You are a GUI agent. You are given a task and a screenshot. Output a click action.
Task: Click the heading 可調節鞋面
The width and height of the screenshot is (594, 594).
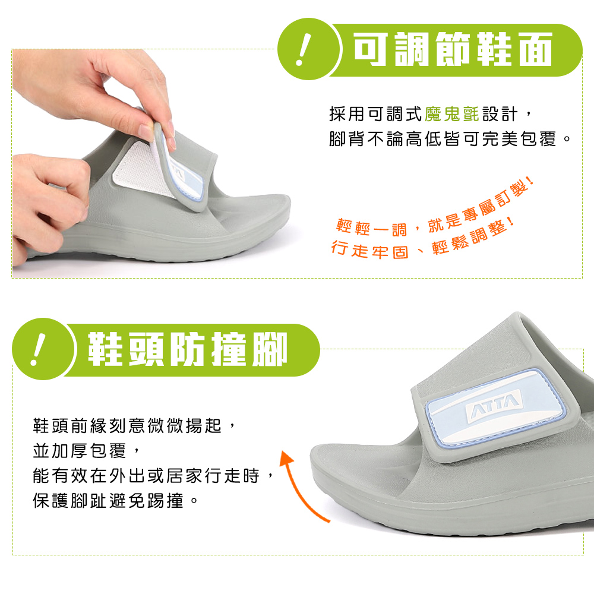[453, 50]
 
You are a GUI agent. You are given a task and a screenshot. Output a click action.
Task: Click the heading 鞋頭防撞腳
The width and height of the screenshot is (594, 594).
[188, 349]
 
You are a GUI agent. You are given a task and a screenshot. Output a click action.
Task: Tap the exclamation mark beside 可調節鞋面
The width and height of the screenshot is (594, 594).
[303, 50]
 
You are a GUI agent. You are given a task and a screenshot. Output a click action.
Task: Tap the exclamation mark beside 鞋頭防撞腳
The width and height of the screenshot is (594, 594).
[37, 349]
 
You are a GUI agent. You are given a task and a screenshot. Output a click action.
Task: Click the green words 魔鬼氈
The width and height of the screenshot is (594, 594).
[452, 114]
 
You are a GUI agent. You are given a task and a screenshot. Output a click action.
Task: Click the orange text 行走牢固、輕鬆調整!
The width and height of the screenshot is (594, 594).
[423, 241]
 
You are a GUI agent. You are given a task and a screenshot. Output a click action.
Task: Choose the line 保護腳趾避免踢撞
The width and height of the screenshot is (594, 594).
[115, 501]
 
